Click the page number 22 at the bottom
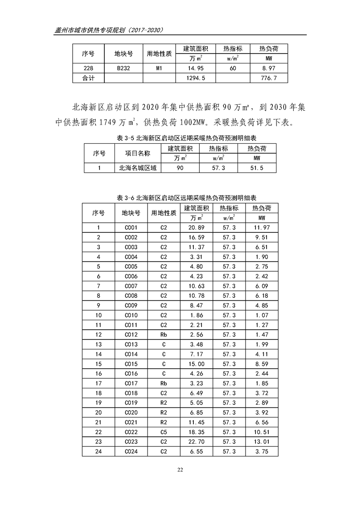coord(180,470)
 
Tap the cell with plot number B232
coord(123,69)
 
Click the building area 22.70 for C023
coord(196,442)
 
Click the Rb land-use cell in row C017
coord(163,383)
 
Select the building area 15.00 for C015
coord(196,364)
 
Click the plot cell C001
coord(131,227)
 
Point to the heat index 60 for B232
coord(232,69)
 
